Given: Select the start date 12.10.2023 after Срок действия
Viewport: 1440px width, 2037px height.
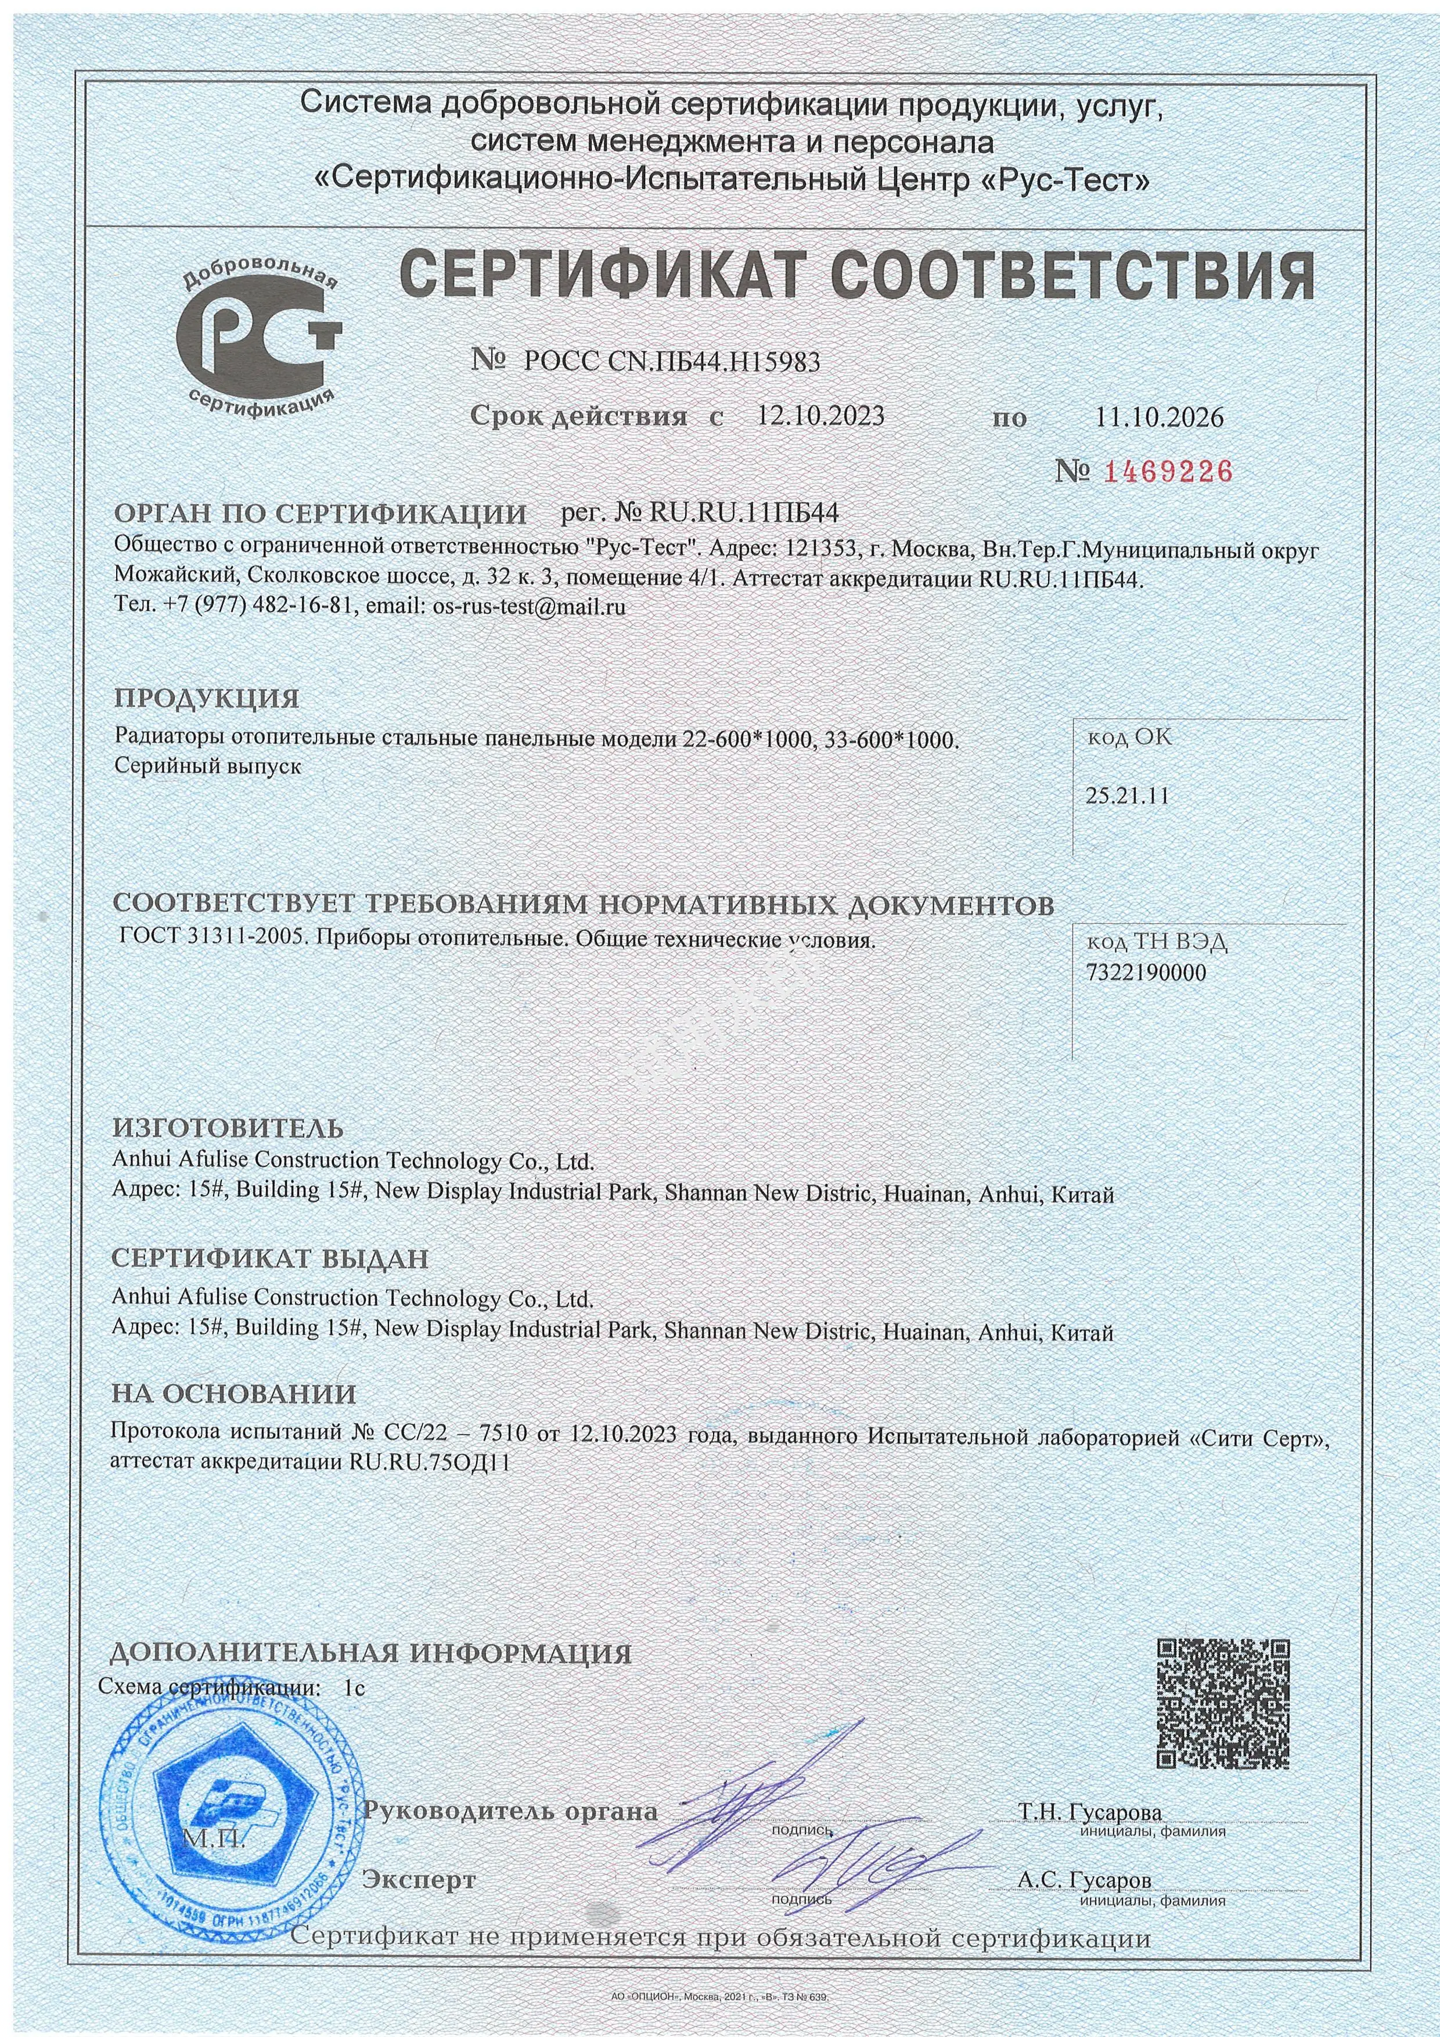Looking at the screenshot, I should point(820,416).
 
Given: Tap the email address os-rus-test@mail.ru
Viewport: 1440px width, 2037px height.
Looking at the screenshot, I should point(530,607).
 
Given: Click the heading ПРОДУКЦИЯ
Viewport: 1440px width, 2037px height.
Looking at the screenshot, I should point(206,698).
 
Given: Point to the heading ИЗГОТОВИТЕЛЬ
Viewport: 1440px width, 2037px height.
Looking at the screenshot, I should point(228,1128).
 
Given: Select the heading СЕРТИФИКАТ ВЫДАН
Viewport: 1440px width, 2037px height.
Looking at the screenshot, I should point(270,1258).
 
